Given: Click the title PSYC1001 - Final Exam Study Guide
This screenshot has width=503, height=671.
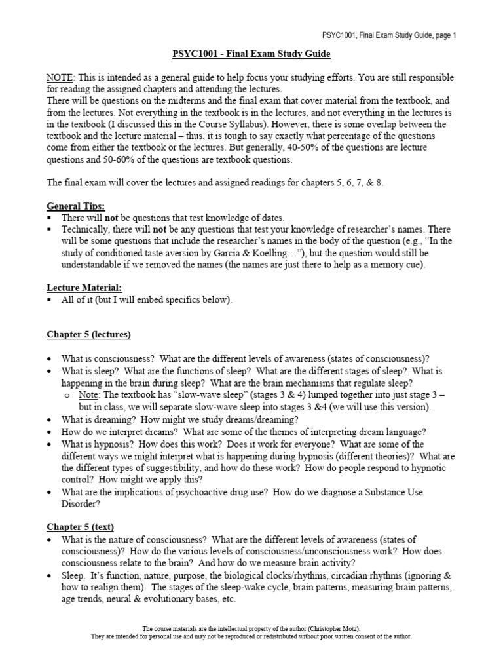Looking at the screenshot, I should pos(251,54).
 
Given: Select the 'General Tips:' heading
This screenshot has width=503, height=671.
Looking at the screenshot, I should pos(75,206).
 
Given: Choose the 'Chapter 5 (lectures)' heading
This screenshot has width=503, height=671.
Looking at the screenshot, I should pos(88,335).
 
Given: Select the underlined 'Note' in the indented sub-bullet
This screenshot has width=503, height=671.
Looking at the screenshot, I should pos(89,394).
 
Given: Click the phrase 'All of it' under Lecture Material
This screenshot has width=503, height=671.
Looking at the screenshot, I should pos(79,300).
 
